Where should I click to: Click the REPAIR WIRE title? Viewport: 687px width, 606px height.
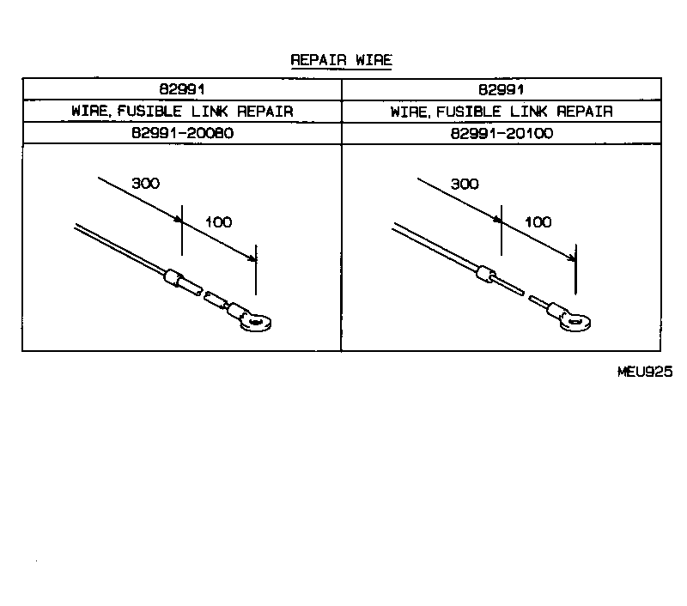click(x=342, y=60)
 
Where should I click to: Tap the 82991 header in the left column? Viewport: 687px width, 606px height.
click(x=182, y=89)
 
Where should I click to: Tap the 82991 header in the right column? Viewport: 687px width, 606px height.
click(x=502, y=89)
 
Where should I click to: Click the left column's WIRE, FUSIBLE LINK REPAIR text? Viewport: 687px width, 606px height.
click(x=182, y=112)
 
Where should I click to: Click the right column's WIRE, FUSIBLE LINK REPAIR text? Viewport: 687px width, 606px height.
click(x=502, y=112)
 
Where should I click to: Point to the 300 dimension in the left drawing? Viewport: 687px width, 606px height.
click(x=145, y=184)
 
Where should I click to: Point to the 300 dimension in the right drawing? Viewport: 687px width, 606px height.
click(x=464, y=184)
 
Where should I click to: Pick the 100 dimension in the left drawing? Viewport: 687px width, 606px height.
click(x=219, y=221)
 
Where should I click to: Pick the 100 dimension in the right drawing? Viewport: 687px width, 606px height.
click(x=538, y=221)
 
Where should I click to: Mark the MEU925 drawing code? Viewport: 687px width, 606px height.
click(x=643, y=372)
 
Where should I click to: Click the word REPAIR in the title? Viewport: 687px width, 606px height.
click(x=317, y=60)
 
